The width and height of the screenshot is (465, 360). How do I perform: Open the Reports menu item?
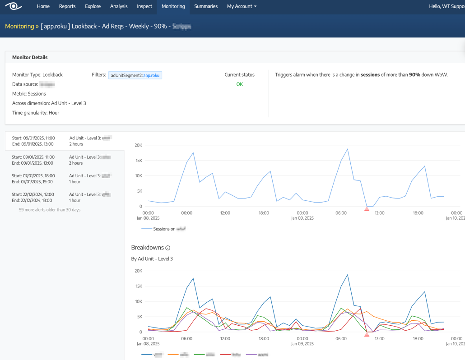click(67, 6)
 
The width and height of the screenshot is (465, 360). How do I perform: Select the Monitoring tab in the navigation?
click(173, 6)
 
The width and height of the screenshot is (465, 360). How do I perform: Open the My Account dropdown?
click(242, 6)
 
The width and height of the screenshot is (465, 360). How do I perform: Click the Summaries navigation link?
click(206, 6)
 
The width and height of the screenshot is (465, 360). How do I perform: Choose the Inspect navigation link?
click(144, 6)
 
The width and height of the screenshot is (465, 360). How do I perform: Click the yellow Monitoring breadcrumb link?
click(19, 26)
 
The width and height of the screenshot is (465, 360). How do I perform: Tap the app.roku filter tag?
click(135, 75)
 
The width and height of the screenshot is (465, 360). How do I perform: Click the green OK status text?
click(239, 84)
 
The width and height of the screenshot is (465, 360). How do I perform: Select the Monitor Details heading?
click(30, 57)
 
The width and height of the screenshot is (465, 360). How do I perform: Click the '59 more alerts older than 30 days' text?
click(50, 210)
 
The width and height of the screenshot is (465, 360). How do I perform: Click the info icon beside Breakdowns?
click(168, 248)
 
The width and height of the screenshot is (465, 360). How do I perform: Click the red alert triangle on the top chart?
click(367, 208)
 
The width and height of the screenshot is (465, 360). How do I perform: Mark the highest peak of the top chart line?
click(347, 149)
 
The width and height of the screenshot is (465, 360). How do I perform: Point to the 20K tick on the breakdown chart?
click(138, 271)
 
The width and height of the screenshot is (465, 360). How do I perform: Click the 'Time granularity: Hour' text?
click(36, 113)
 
